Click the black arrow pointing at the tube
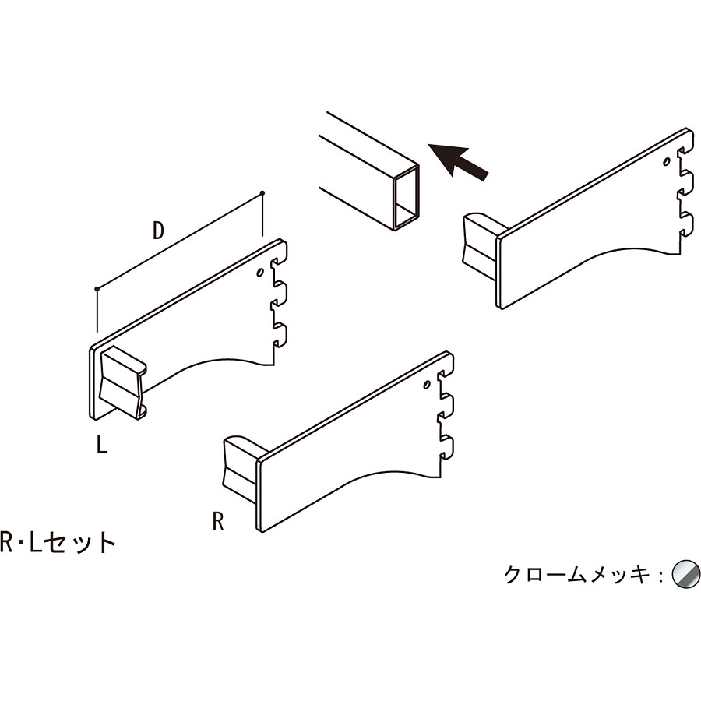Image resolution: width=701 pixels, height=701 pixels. coord(457,162)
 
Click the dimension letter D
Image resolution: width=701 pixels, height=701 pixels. coord(158,231)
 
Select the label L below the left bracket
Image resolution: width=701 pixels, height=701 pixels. coord(102,444)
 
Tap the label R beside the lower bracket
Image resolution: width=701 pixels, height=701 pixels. coord(218,521)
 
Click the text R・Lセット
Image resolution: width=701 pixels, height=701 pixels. coord(58,543)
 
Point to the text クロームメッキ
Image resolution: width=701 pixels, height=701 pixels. coord(576,575)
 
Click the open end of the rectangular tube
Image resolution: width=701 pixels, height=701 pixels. coord(407,198)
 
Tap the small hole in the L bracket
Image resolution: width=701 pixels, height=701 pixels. coord(259,273)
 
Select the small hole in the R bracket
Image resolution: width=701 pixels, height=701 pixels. coord(427,385)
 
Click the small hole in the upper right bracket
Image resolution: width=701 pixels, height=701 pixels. coord(667,161)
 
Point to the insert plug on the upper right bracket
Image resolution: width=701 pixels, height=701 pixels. coord(481,246)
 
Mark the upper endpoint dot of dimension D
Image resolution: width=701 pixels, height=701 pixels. coord(262,193)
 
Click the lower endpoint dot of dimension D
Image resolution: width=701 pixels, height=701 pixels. coord(97,289)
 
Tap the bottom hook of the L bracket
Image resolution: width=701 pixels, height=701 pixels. coord(280,335)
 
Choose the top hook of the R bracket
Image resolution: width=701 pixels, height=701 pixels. coord(448,365)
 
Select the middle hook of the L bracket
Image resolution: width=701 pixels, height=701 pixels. coord(280,294)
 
